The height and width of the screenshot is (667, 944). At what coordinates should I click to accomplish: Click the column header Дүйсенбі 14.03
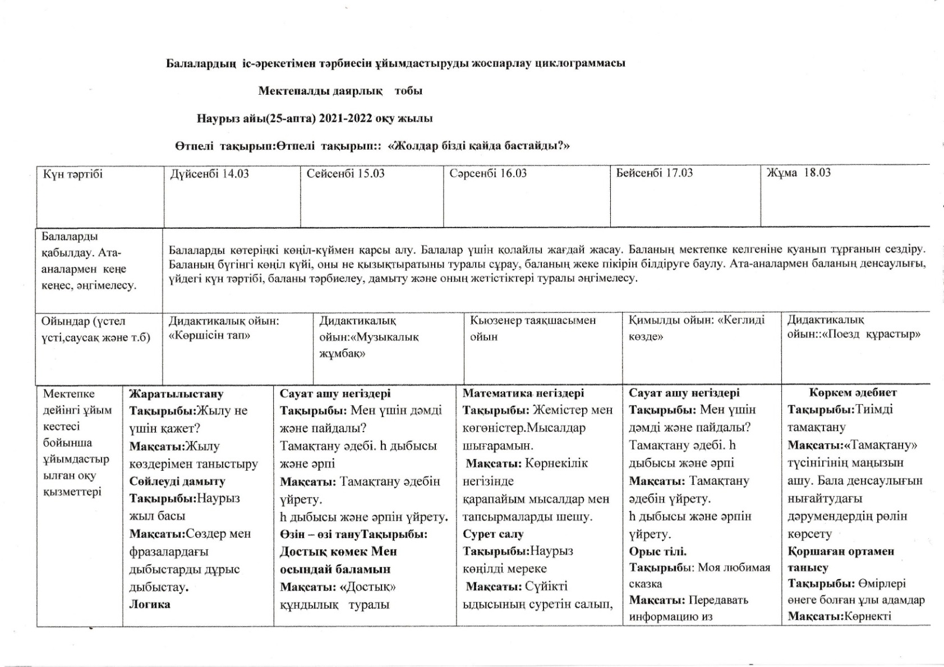click(x=209, y=174)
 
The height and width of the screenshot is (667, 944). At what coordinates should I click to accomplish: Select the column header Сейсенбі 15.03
click(x=346, y=174)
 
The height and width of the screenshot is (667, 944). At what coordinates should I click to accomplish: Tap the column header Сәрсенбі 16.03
click(x=488, y=173)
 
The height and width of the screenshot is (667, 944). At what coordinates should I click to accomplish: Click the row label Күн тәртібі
click(x=73, y=174)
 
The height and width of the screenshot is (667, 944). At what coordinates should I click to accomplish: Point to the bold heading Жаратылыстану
click(x=176, y=394)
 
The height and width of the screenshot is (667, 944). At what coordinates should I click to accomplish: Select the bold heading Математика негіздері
click(x=523, y=393)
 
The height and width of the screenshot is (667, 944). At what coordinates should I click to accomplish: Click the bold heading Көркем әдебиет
click(x=853, y=393)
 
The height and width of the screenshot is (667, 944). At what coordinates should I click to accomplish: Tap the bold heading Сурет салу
click(x=493, y=534)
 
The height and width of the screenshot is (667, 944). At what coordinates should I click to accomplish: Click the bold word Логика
click(x=150, y=604)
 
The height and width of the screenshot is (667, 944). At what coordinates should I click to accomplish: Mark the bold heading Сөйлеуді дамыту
click(x=177, y=481)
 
